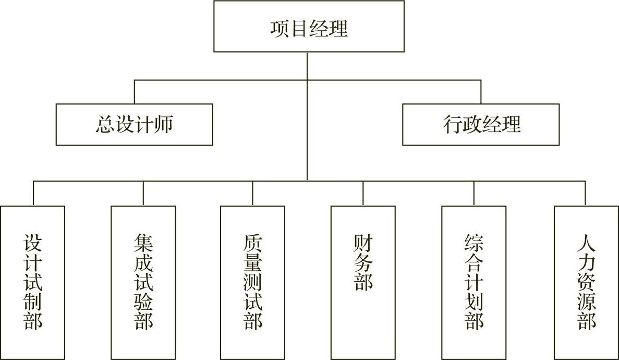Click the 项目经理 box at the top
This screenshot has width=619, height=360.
[x=309, y=27]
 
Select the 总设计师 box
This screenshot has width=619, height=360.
[x=134, y=125]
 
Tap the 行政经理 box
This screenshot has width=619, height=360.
[x=481, y=125]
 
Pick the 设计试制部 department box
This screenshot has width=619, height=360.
[x=33, y=282]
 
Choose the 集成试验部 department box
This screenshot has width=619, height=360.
[x=143, y=282]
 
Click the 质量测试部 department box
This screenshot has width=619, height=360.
[x=253, y=282]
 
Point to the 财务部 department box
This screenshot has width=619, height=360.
[x=363, y=282]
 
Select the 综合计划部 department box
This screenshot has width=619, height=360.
[x=474, y=282]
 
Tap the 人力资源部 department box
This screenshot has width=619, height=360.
[x=586, y=282]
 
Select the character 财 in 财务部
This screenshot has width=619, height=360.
[x=363, y=243]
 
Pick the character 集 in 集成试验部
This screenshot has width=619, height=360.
[x=143, y=243]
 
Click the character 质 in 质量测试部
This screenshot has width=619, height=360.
[x=253, y=243]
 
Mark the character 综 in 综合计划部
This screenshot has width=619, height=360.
[x=474, y=243]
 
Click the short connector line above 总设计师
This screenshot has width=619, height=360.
[x=135, y=92]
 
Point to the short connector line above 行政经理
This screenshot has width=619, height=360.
[x=481, y=92]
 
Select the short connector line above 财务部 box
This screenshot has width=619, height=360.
[x=363, y=193]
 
